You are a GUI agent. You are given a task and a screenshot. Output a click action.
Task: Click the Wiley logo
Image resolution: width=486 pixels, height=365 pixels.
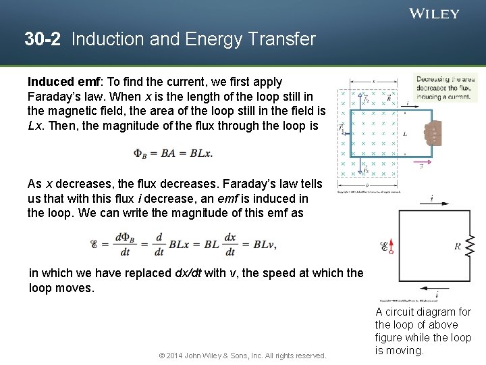click(434, 14)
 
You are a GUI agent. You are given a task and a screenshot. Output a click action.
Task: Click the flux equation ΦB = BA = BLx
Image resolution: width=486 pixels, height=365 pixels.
click(173, 153)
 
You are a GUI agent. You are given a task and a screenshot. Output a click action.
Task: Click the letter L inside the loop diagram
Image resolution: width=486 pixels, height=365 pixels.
click(404, 135)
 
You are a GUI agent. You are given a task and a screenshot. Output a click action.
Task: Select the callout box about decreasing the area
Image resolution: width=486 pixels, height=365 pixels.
click(446, 88)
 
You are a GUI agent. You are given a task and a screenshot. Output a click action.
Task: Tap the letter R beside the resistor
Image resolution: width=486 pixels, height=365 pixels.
click(458, 247)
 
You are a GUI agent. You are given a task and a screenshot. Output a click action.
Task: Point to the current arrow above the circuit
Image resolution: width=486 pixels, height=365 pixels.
click(431, 200)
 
